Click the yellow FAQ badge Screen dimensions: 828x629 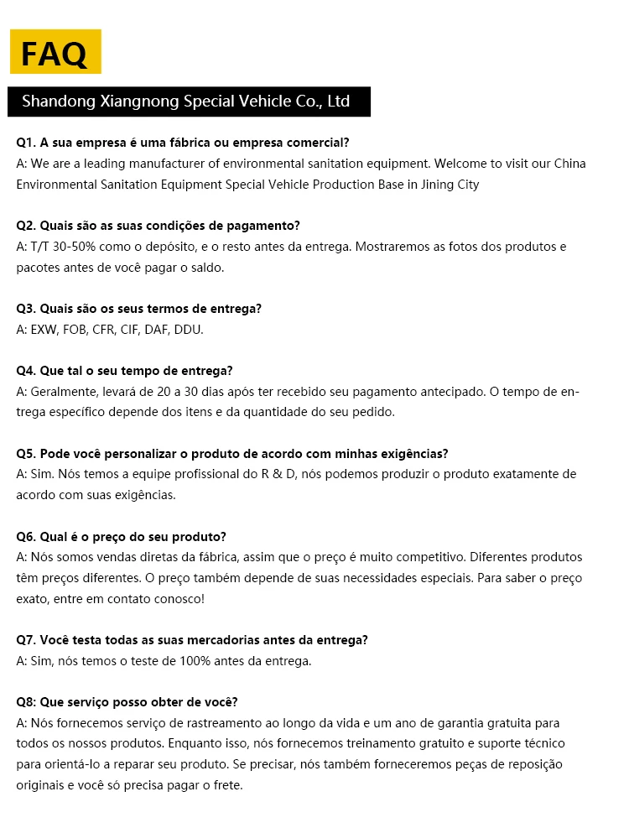55,52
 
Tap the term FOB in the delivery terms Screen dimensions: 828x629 80,330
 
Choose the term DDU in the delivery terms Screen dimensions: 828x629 189,330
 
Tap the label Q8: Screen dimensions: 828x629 27,702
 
